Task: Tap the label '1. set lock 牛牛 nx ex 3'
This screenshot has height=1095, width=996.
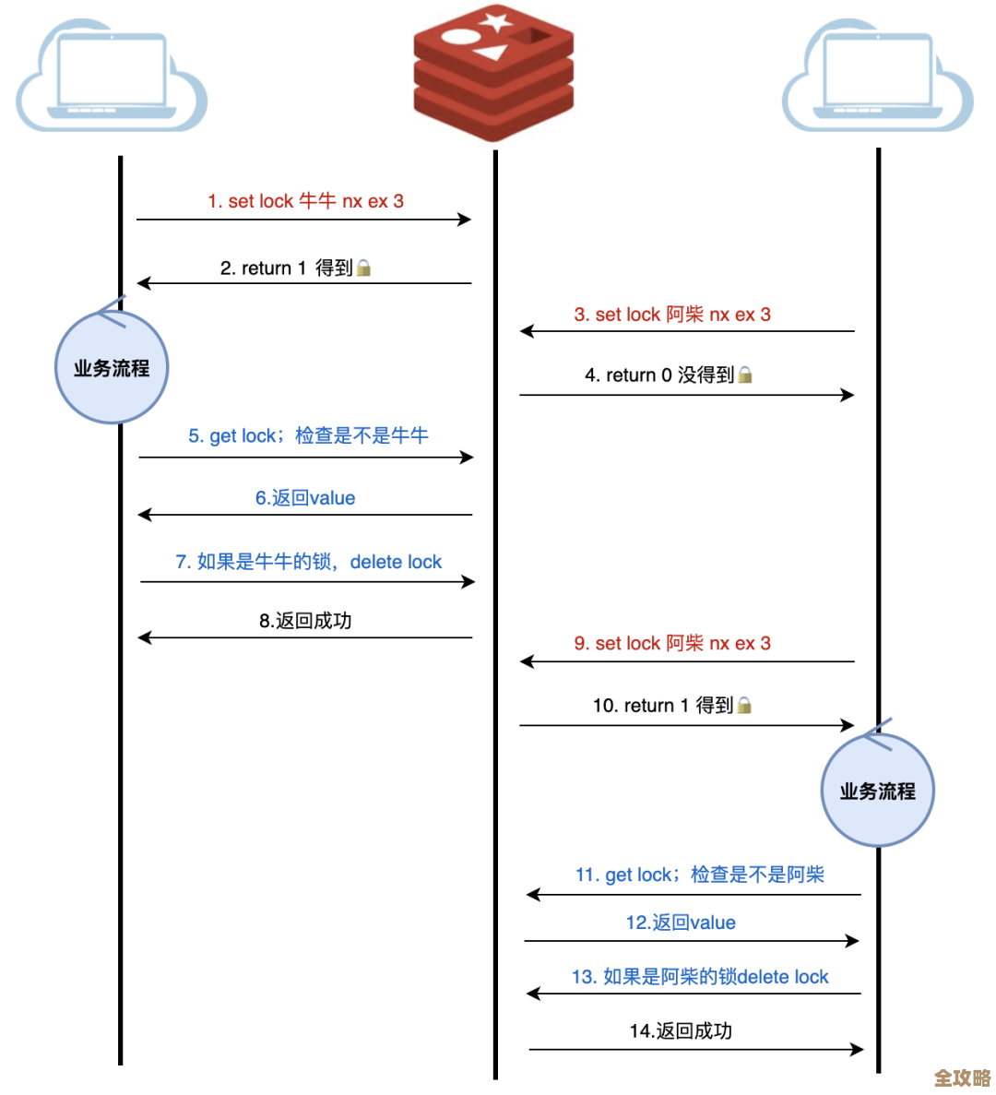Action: coord(305,201)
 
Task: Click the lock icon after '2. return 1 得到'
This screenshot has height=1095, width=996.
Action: coord(364,268)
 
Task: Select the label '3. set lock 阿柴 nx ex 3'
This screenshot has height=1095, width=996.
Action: coord(672,315)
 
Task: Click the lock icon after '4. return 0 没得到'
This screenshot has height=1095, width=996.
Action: coord(745,375)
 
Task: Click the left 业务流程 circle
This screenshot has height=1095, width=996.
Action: coord(112,368)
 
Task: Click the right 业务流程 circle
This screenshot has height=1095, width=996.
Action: coord(877,791)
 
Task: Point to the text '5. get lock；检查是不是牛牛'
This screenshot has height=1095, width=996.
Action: coord(308,435)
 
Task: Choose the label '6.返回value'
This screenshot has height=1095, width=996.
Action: coord(305,498)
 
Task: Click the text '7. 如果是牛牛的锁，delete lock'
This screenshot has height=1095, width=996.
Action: coord(308,562)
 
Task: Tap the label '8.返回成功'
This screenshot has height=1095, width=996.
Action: coord(305,621)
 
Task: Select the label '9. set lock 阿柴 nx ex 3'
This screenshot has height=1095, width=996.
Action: coord(672,643)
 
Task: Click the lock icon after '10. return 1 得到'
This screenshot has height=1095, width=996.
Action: coord(744,706)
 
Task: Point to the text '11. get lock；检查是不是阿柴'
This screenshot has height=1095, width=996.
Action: coord(699,875)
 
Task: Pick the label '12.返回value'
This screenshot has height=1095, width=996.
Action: coord(681,922)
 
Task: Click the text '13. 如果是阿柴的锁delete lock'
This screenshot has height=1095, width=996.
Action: coord(700,977)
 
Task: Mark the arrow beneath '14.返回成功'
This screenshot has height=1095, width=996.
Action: coord(695,1049)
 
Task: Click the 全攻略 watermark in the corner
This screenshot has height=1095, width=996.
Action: coord(962,1077)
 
